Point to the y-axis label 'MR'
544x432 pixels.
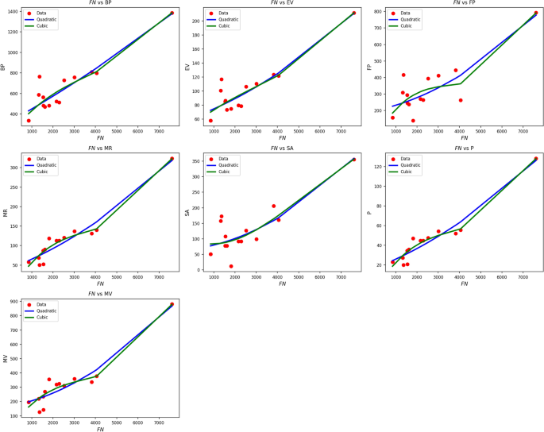pos(6,213)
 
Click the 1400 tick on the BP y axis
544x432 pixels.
pos(13,13)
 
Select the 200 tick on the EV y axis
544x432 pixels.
pos(195,21)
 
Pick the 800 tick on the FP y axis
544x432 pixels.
pos(377,13)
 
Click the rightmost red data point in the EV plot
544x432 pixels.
pos(353,13)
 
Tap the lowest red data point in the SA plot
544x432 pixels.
pos(231,266)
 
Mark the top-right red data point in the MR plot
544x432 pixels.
pos(172,159)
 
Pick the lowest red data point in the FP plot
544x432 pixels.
pos(413,121)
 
